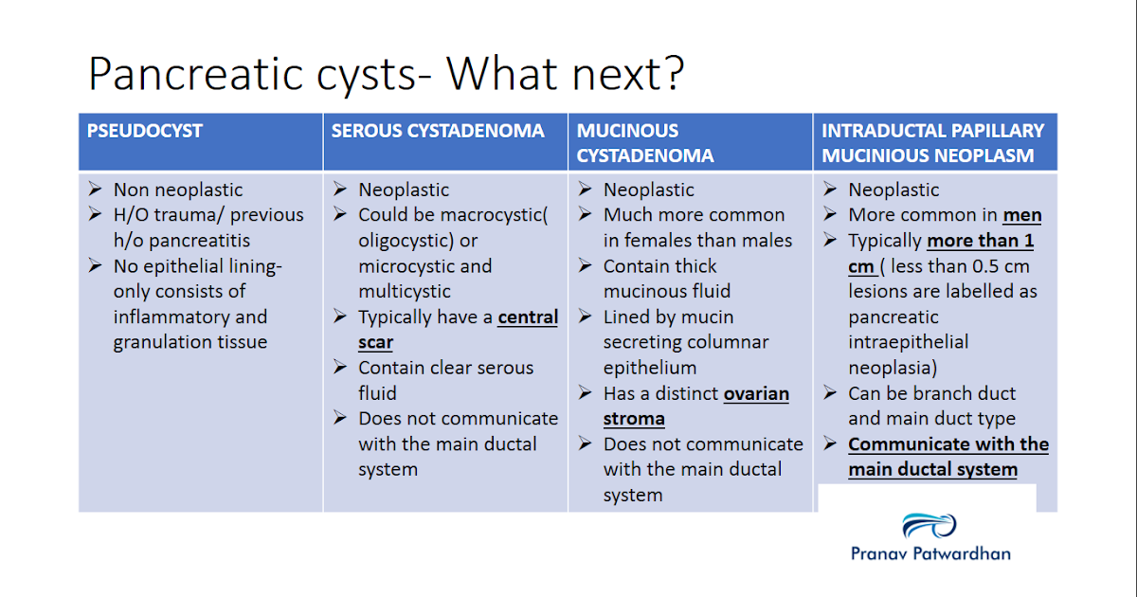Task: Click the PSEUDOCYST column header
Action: pos(145,131)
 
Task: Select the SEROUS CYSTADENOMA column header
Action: pos(438,131)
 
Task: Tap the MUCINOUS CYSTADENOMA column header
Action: pos(645,142)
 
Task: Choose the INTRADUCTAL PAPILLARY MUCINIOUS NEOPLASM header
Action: pos(932,142)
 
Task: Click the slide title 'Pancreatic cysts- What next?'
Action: pos(386,73)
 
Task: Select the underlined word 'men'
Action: pos(1022,215)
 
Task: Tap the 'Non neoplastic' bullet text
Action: pos(178,190)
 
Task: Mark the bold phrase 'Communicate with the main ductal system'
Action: pos(947,456)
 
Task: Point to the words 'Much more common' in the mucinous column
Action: pos(694,215)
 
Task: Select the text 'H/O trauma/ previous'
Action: pos(208,215)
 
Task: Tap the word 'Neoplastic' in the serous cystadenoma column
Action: pos(404,190)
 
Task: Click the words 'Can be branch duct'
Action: pos(931,393)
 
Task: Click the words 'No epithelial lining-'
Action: pos(197,266)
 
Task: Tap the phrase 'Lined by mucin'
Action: pos(668,317)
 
